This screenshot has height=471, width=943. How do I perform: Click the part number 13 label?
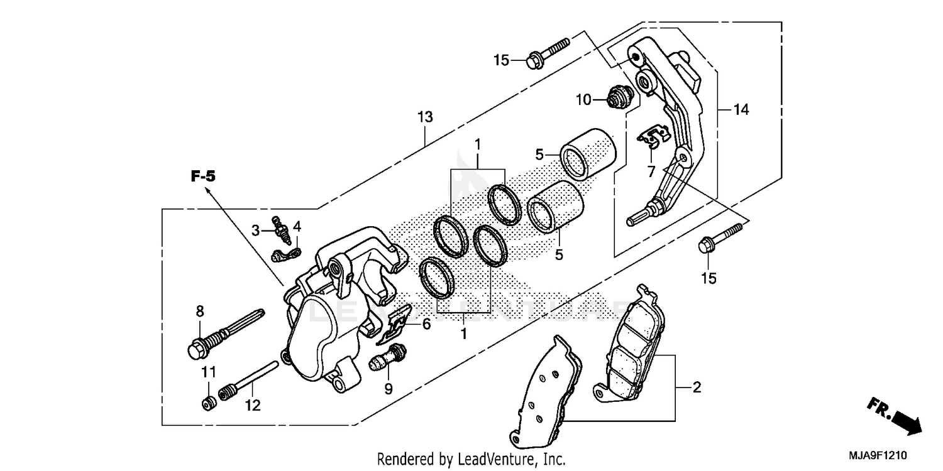425,117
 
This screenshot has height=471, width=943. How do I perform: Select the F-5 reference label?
203,177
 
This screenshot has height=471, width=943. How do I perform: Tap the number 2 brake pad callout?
696,388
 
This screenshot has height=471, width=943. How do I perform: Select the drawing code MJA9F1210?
880,454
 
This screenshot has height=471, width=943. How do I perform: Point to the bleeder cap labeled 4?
286,254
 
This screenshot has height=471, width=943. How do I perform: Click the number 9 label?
388,389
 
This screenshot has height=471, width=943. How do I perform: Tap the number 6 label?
426,324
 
